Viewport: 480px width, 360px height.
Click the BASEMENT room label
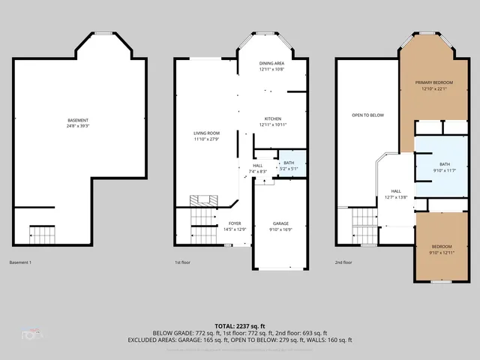tap(78, 121)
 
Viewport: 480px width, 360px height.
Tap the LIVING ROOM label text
tap(206, 133)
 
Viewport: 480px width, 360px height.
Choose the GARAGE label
tap(280, 223)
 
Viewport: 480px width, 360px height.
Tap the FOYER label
tap(235, 223)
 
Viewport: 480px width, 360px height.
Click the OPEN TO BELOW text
tap(368, 115)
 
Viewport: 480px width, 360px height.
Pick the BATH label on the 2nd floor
tap(445, 164)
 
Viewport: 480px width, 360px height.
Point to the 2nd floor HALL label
tap(396, 191)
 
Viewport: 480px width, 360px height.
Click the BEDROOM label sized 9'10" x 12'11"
tap(442, 247)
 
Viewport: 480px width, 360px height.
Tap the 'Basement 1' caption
tap(20, 262)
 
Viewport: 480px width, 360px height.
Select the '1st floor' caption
tap(183, 262)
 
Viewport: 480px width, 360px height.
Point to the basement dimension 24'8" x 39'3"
tap(78, 126)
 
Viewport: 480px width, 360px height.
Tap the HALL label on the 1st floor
tap(257, 166)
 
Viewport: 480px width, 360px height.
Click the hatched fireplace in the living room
tap(204, 200)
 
